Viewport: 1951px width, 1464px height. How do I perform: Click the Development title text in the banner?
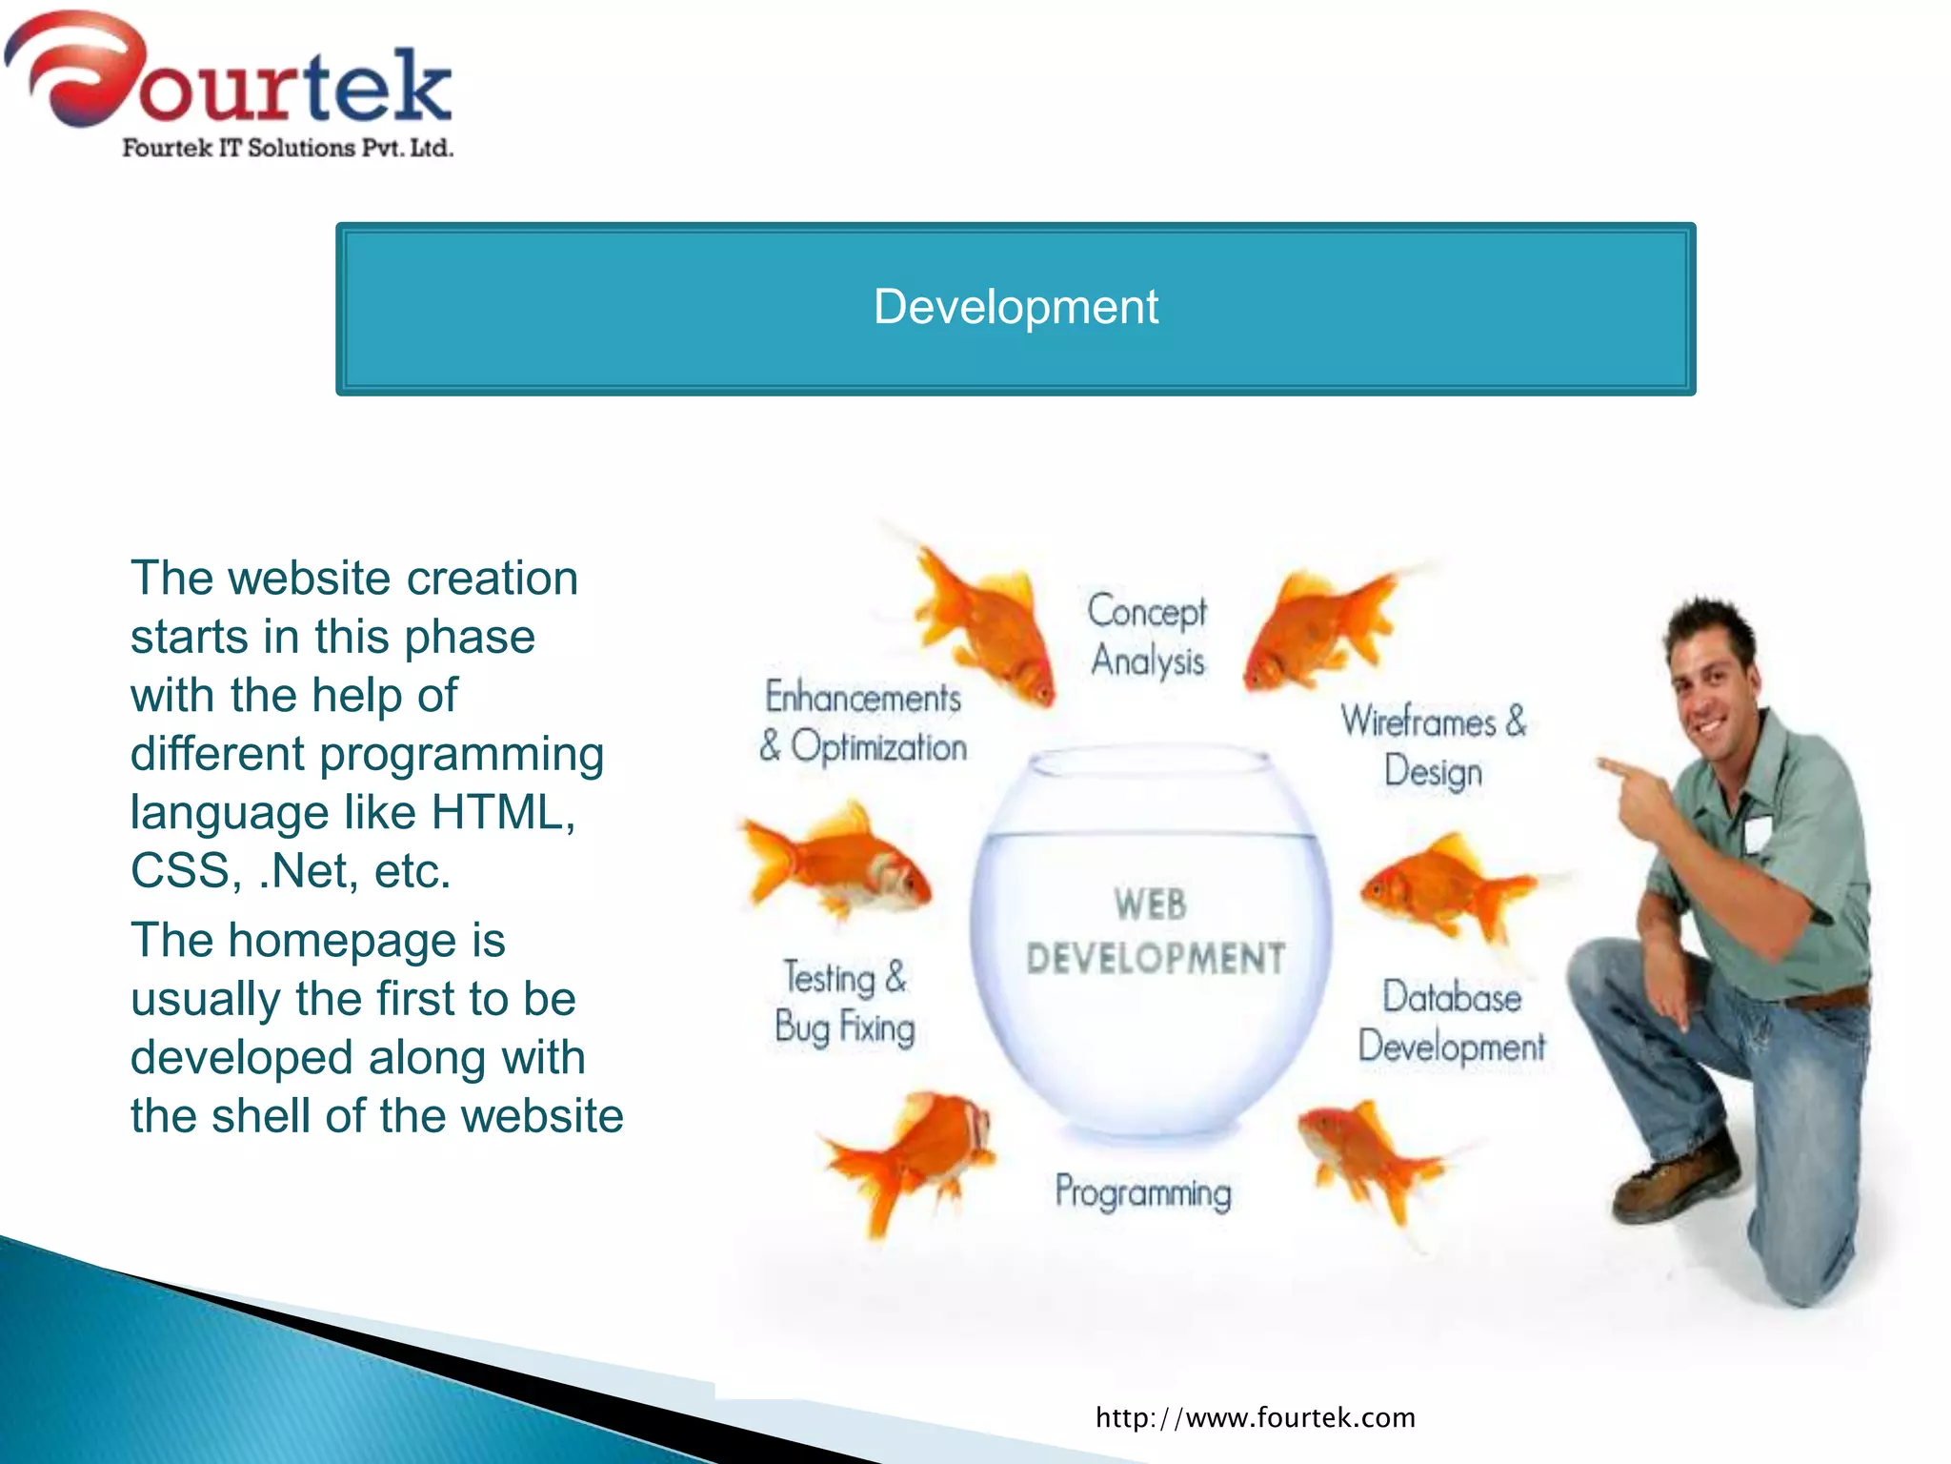tap(1016, 307)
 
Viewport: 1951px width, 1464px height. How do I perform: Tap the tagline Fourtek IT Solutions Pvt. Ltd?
tap(288, 148)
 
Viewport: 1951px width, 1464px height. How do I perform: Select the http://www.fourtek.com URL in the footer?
tap(1256, 1417)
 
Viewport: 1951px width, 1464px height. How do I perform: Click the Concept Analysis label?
tap(1147, 636)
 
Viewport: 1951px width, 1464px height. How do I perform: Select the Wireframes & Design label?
tap(1433, 745)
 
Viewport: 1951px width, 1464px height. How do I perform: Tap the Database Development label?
tap(1452, 1021)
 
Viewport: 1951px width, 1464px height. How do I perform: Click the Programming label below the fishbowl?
tap(1143, 1192)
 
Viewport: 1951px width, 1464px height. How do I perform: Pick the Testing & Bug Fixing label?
tap(844, 1003)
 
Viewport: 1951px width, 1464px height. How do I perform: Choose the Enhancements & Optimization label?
tap(863, 722)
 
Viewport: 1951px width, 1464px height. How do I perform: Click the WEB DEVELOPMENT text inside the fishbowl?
tap(1155, 931)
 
